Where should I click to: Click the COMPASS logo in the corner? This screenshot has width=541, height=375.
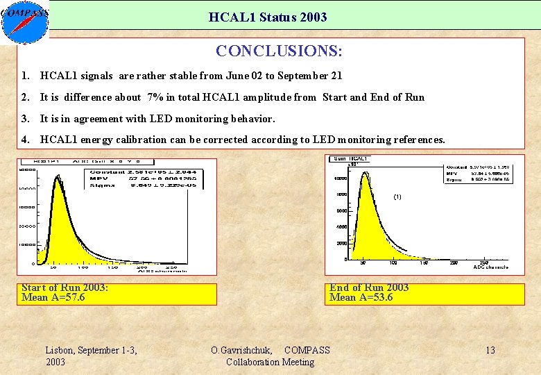click(25, 22)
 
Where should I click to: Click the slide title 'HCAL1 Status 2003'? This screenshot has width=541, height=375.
click(267, 17)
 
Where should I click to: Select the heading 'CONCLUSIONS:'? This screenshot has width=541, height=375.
click(279, 51)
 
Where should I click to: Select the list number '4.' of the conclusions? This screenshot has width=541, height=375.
click(26, 140)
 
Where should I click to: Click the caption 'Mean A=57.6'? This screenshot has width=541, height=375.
click(53, 297)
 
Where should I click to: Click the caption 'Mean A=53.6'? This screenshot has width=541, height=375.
click(361, 297)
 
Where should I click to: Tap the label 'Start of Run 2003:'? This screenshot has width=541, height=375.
click(65, 287)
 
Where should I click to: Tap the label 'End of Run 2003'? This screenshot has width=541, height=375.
click(369, 287)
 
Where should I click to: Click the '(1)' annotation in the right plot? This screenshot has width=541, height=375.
click(397, 197)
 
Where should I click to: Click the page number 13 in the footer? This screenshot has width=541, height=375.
click(490, 350)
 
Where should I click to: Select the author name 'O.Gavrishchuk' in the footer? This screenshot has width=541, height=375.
click(241, 350)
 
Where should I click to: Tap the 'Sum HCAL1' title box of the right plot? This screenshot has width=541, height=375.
click(352, 159)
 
